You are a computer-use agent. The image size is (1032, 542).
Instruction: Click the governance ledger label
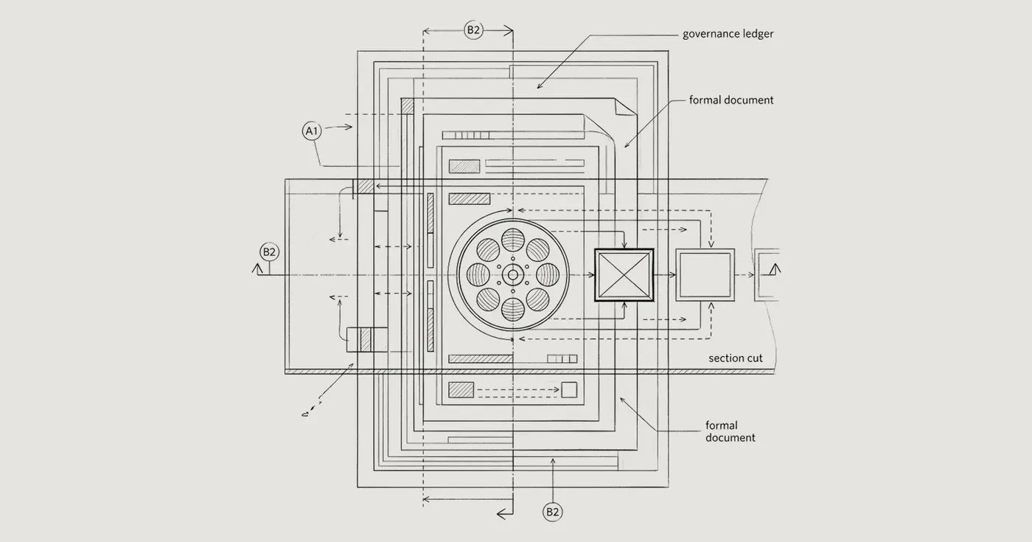(728, 34)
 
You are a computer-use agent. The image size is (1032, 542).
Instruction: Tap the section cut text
(736, 358)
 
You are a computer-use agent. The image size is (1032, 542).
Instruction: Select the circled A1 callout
(312, 131)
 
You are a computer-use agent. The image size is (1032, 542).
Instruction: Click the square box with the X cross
(624, 275)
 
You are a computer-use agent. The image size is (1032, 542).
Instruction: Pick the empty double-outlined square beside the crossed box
(705, 275)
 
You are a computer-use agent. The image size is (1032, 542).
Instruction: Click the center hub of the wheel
(513, 275)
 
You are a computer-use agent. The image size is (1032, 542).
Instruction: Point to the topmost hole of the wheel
(513, 240)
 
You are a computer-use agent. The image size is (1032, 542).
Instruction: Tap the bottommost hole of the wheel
(513, 310)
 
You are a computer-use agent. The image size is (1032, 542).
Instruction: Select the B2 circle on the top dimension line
(473, 30)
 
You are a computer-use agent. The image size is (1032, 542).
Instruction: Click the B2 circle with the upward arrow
(552, 512)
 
